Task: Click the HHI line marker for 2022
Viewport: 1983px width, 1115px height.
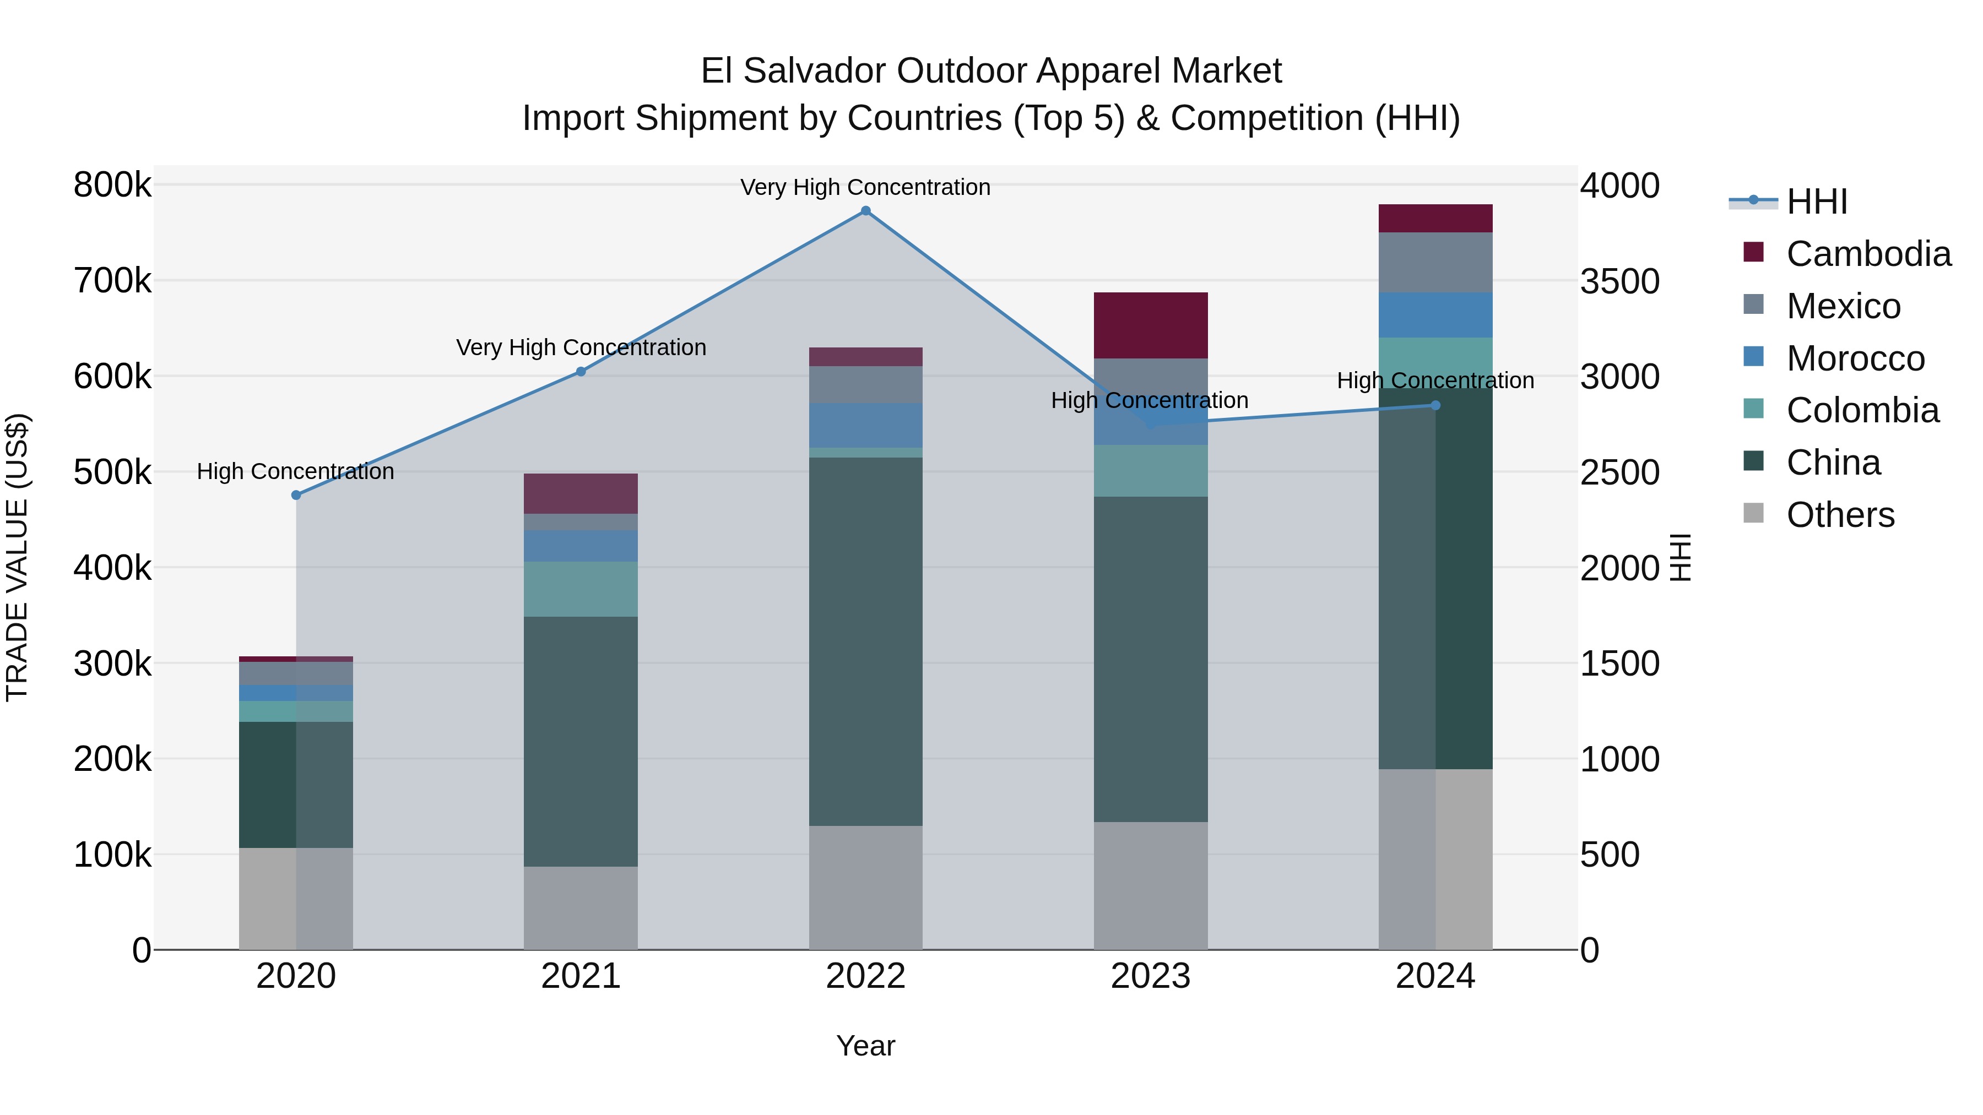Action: click(865, 211)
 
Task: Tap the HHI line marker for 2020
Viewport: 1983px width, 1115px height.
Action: click(296, 496)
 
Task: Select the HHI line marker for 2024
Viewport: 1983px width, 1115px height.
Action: click(1435, 405)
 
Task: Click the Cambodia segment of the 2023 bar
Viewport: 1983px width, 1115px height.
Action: click(1150, 325)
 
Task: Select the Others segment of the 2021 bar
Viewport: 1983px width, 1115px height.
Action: click(581, 908)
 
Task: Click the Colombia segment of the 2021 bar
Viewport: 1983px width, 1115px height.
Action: click(581, 589)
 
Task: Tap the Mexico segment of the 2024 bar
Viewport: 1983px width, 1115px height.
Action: click(1435, 263)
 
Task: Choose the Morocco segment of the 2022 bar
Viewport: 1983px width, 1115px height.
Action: click(865, 426)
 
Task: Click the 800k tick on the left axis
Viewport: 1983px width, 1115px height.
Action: click(112, 186)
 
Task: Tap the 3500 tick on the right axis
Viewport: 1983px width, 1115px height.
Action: click(1619, 281)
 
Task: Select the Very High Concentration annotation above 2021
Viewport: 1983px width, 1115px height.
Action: click(581, 348)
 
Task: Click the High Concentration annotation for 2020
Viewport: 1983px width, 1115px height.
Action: click(296, 472)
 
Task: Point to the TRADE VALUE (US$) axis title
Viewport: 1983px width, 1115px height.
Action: click(17, 557)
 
